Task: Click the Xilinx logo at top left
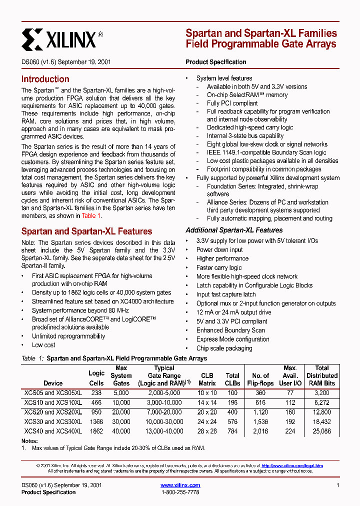(x=62, y=38)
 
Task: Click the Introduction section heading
(x=45, y=79)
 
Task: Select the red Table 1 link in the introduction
(x=91, y=215)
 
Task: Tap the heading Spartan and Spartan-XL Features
(x=86, y=231)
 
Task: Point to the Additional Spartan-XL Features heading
(x=234, y=230)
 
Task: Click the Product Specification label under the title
(x=215, y=62)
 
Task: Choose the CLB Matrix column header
(x=207, y=379)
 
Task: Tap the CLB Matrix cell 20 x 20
(x=207, y=411)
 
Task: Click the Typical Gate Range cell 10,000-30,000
(x=164, y=421)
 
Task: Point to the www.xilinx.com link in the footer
(x=180, y=485)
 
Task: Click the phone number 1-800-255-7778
(x=180, y=492)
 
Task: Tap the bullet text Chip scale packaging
(x=224, y=348)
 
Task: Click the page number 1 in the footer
(x=338, y=485)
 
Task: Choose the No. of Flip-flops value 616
(x=260, y=402)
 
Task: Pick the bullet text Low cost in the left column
(x=43, y=345)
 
